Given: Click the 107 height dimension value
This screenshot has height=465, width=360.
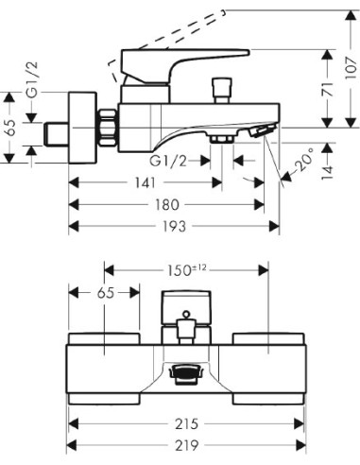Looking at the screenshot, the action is (x=351, y=68).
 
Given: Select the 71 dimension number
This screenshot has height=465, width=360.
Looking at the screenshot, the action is (x=328, y=90).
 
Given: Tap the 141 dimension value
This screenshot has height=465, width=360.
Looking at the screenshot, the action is (x=146, y=182).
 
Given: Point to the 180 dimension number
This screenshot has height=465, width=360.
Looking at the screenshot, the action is (x=167, y=205).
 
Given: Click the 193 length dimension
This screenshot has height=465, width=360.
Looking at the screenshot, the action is (x=174, y=226).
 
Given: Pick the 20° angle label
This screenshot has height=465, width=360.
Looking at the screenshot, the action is (x=303, y=160).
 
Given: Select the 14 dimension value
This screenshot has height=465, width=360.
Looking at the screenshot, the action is (x=328, y=173).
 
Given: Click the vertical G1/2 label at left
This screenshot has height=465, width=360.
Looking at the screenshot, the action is (x=32, y=79).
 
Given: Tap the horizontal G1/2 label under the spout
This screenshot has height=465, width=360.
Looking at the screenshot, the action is (x=168, y=162).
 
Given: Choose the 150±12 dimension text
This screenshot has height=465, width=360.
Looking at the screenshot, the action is (x=186, y=270).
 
